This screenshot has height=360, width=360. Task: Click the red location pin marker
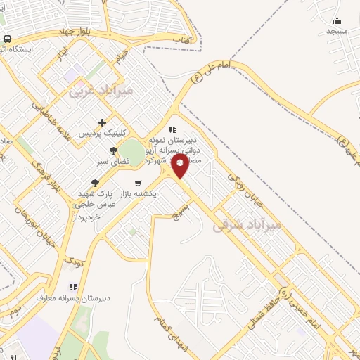pos(180,166)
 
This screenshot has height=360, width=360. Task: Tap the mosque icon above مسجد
pos(337,20)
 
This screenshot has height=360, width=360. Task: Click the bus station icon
pos(7,39)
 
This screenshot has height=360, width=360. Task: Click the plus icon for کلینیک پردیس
pos(103,122)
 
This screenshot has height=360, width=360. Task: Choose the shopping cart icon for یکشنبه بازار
pos(137,183)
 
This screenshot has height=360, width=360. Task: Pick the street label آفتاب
pos(183,40)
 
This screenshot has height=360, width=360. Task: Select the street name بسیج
pos(182,211)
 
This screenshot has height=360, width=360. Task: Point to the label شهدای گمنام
pos(173,336)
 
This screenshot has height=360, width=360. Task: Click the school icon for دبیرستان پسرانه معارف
pos(72,287)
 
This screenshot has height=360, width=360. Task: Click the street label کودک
pos(74,262)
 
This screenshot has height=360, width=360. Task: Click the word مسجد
pos(337,32)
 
